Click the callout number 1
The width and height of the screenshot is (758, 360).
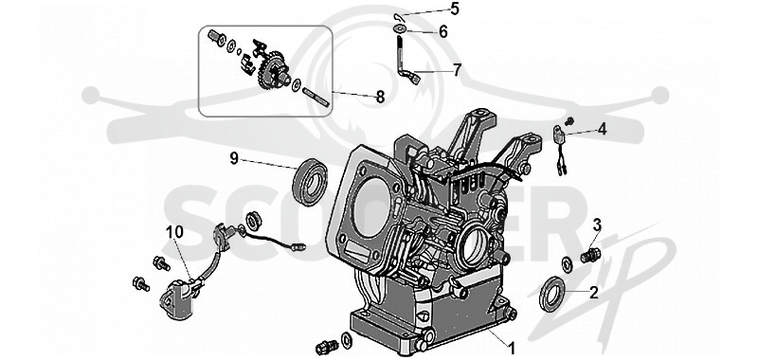click(511, 347)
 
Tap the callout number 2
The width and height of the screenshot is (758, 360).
click(594, 293)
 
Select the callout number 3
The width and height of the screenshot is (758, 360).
click(597, 225)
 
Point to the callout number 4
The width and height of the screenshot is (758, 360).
click(602, 129)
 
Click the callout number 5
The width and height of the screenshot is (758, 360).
click(455, 9)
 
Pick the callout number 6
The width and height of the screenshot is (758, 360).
click(443, 32)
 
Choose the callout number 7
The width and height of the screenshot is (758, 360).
click(458, 70)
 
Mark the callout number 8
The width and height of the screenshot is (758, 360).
click(381, 98)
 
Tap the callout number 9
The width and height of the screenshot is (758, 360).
click(234, 158)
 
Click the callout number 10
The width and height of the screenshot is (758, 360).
click(175, 232)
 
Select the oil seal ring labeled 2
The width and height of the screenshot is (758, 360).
click(552, 294)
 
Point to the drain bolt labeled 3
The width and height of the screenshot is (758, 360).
click(589, 255)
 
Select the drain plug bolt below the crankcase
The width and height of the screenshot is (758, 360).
click(327, 346)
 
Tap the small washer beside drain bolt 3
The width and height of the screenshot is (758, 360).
click(567, 264)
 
